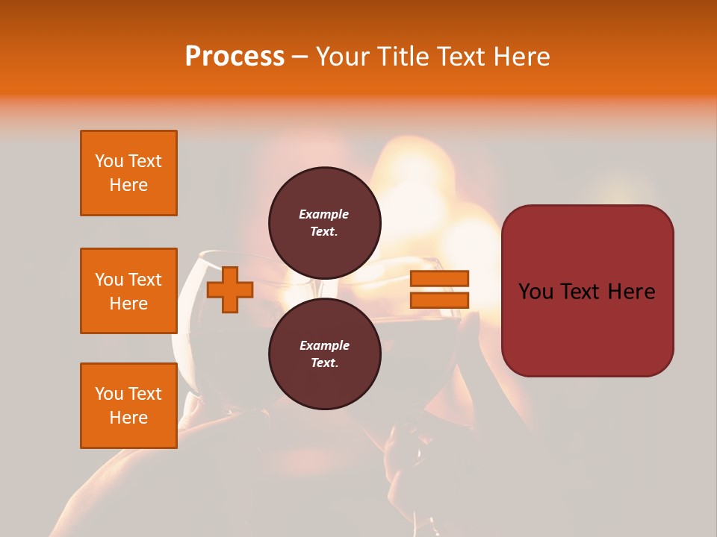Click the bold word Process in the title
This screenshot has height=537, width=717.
click(x=235, y=56)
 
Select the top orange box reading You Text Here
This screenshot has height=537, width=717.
click(x=128, y=173)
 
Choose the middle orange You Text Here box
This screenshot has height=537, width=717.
click(x=128, y=291)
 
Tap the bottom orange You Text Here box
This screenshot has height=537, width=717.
click(x=128, y=406)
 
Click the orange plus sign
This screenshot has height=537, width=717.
click(x=230, y=290)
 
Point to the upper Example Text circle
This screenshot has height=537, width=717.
click(x=324, y=223)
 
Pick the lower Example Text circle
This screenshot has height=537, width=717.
click(x=324, y=354)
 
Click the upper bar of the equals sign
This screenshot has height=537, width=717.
click(x=439, y=278)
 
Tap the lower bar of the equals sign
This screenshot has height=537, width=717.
click(x=439, y=300)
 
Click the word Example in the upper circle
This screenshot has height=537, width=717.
click(x=324, y=214)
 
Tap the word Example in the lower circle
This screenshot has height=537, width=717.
click(x=324, y=345)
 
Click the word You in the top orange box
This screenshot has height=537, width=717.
click(x=109, y=161)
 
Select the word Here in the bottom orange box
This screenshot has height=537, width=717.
click(x=128, y=418)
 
